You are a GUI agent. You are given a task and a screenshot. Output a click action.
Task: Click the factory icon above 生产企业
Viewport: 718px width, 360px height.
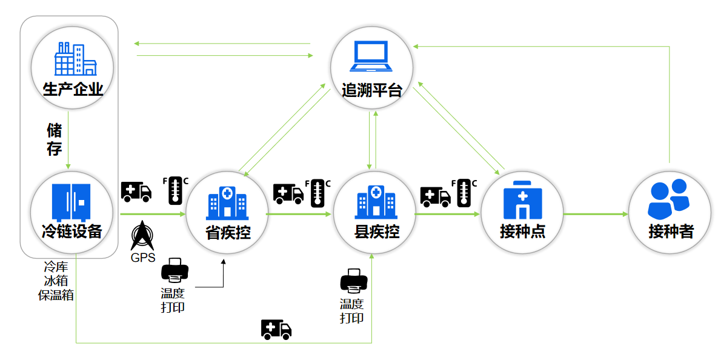pos(75,58)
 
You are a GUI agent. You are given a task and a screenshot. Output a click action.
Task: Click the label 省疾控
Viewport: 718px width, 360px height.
pos(227,232)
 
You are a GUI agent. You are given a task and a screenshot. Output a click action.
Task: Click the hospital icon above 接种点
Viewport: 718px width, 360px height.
pos(523,199)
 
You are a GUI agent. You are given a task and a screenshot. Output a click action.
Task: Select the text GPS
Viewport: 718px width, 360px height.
pos(143,258)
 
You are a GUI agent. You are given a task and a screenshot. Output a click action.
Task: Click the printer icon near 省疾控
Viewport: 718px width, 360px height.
pos(175,271)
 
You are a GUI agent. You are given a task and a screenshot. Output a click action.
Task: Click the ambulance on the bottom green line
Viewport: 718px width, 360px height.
pos(276,329)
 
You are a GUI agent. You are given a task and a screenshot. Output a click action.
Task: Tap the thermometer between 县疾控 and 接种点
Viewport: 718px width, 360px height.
pos(465,193)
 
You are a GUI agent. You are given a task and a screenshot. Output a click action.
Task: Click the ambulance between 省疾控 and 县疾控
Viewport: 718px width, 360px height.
pos(288,193)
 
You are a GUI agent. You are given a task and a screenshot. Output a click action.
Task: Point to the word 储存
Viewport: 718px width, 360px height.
pos(55,139)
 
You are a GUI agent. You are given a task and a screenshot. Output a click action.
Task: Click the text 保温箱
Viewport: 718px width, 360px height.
pos(56,295)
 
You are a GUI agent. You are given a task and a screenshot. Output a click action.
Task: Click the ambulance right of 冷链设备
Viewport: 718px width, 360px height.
pos(136,192)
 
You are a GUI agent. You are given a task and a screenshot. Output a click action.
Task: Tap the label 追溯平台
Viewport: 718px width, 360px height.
pos(371,91)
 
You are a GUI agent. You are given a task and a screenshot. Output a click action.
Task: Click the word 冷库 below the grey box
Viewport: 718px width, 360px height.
pos(56,267)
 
